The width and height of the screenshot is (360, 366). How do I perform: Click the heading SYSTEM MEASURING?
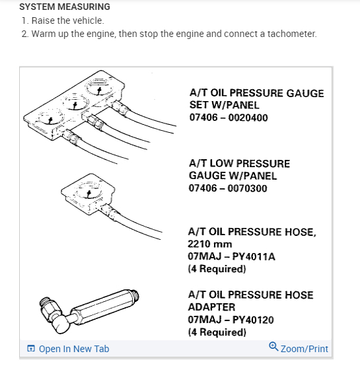point(65,7)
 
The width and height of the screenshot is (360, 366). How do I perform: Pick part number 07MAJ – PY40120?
point(231,320)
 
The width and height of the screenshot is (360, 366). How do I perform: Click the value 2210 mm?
point(210,244)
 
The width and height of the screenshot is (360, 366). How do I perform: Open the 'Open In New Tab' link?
point(73,349)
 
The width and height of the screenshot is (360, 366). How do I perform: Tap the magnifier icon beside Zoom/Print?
point(273,348)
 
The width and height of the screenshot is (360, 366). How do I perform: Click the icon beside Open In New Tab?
point(31,349)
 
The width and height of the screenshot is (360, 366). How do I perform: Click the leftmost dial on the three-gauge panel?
point(50,120)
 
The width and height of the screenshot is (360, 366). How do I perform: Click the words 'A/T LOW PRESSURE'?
point(239,163)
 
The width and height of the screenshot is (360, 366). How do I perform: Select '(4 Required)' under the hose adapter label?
point(217,332)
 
